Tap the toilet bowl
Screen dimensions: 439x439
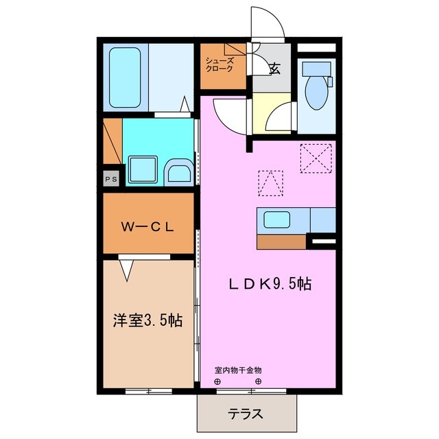tap(318, 93)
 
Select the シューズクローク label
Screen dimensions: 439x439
tap(220, 64)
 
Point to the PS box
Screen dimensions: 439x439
tap(110, 178)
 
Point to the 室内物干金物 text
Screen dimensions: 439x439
tap(238, 370)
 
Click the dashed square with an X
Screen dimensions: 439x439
tap(316, 157)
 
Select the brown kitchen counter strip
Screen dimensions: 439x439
tap(282, 241)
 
